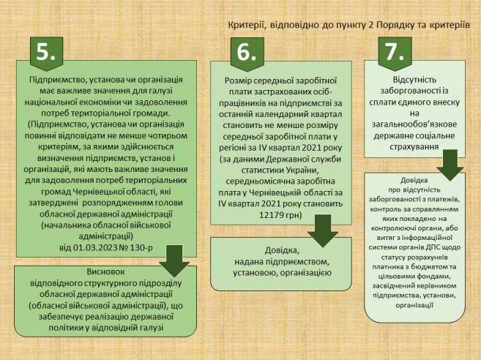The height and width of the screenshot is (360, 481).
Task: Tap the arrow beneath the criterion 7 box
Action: (x=450, y=165)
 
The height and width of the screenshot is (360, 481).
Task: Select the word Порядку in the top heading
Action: (x=394, y=25)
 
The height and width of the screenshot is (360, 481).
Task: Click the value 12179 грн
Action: (x=280, y=215)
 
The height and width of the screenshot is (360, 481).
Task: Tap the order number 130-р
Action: (x=142, y=247)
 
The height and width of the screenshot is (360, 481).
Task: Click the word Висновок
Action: (x=106, y=271)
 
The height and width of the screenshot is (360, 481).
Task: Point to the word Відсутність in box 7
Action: (x=414, y=80)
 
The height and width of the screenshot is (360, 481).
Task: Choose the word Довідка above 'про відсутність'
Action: (x=414, y=180)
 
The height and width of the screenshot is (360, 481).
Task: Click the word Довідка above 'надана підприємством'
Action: (x=281, y=250)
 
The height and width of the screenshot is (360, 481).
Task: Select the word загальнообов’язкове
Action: (x=414, y=124)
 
